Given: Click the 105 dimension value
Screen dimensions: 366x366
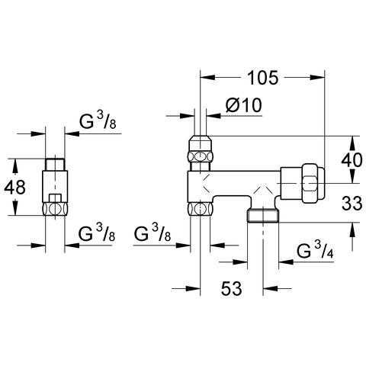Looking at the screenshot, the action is (x=262, y=78).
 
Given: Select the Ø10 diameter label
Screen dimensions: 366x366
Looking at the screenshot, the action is (x=243, y=105).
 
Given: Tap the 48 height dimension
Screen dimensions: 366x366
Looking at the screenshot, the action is (x=14, y=187).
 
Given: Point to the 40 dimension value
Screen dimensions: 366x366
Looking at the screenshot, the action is (x=352, y=160).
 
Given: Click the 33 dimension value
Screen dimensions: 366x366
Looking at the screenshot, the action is (x=352, y=204).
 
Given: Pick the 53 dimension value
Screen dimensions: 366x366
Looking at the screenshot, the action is (x=231, y=288).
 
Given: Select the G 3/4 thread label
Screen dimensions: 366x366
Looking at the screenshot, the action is (x=315, y=251).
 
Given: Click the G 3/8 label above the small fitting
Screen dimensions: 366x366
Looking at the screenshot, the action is (x=98, y=120).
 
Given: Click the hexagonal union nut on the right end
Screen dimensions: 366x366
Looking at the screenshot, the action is (x=313, y=183).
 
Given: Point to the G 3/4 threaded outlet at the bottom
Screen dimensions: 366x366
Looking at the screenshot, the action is (x=263, y=216).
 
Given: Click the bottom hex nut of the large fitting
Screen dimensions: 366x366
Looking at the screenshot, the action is (x=201, y=209).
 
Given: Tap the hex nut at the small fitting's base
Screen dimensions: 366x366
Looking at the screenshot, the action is (x=55, y=209).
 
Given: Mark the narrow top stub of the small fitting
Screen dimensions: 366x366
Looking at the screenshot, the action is (x=55, y=164).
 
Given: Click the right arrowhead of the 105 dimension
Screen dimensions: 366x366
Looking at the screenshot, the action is (x=317, y=78).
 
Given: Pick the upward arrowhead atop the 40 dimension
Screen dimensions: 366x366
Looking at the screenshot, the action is (x=352, y=143).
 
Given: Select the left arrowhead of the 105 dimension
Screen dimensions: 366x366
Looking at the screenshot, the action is (x=208, y=78).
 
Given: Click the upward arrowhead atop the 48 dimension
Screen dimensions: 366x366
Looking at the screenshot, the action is (x=15, y=166).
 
